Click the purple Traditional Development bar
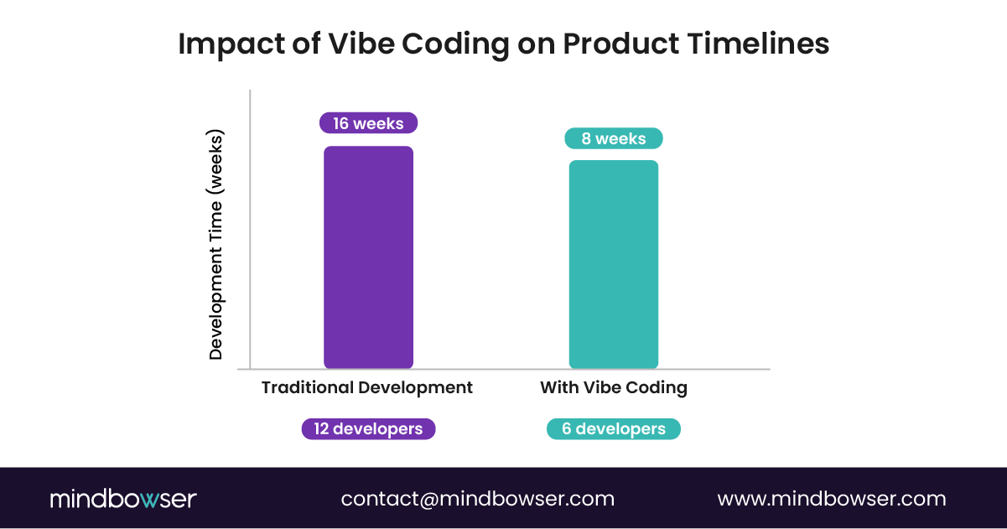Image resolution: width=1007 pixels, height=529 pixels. point(368,257)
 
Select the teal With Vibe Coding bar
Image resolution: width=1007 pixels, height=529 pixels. point(613,264)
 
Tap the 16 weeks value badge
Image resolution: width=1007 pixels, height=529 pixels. point(368,123)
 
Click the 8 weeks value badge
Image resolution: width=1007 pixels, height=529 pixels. point(614,138)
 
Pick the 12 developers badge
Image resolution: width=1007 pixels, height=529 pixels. point(368,428)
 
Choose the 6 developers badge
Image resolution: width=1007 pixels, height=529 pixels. point(614,429)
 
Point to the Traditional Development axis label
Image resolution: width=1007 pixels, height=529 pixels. point(367,388)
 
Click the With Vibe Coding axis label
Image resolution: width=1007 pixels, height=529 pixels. point(614,388)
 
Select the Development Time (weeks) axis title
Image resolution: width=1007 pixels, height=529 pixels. point(216,245)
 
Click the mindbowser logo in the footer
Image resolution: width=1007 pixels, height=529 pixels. point(123,499)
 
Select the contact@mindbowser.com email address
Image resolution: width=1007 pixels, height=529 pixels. point(477,499)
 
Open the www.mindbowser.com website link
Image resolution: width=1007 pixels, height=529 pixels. point(832,499)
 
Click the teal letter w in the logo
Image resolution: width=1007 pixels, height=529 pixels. point(148,500)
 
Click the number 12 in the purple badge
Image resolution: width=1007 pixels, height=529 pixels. point(321,428)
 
